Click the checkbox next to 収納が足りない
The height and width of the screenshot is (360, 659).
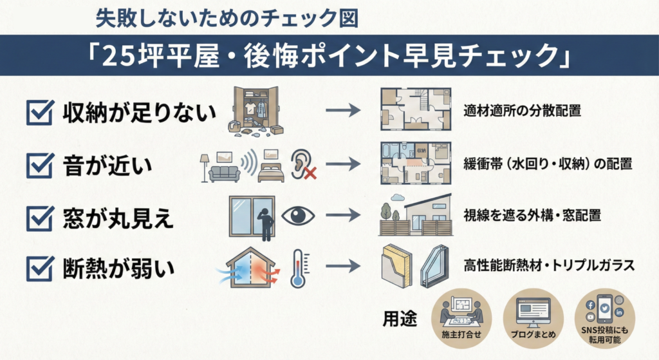coord(39,113)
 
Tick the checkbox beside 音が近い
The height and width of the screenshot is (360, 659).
coord(39,166)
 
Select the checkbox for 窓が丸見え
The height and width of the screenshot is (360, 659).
coord(39,218)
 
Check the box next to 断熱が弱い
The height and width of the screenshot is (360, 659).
coord(39,269)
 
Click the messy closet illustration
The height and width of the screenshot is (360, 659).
coord(256,111)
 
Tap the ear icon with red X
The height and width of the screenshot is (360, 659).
coord(302,165)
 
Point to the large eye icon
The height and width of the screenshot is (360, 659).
coord(298,216)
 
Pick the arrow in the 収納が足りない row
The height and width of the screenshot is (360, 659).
coord(343,111)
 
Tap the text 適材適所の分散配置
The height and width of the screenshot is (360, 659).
coord(522,111)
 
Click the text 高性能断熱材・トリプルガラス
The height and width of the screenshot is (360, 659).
coord(549,265)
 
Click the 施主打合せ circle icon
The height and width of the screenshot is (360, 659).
coord(461,318)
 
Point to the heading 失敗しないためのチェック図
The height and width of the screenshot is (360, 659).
coord(227,17)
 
